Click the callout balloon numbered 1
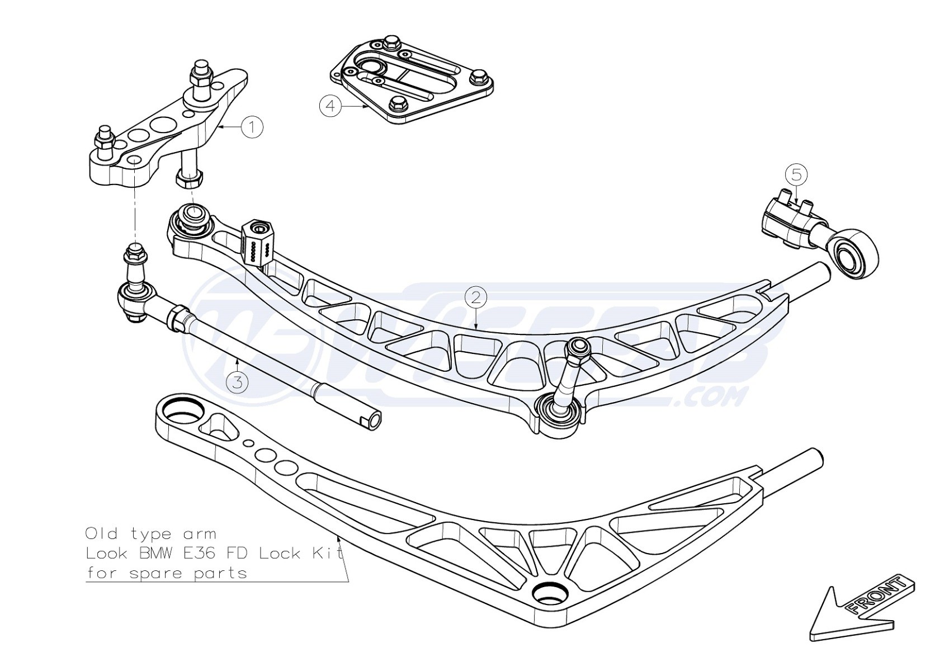pyautogui.click(x=252, y=127)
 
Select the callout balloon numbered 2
pyautogui.click(x=475, y=297)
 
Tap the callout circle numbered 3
pyautogui.click(x=238, y=382)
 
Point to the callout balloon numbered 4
pyautogui.click(x=331, y=105)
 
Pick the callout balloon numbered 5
pyautogui.click(x=796, y=174)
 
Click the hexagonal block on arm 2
pyautogui.click(x=258, y=242)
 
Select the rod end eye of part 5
pyautogui.click(x=854, y=253)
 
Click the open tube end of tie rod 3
pyautogui.click(x=373, y=420)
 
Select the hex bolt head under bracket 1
pyautogui.click(x=188, y=180)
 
